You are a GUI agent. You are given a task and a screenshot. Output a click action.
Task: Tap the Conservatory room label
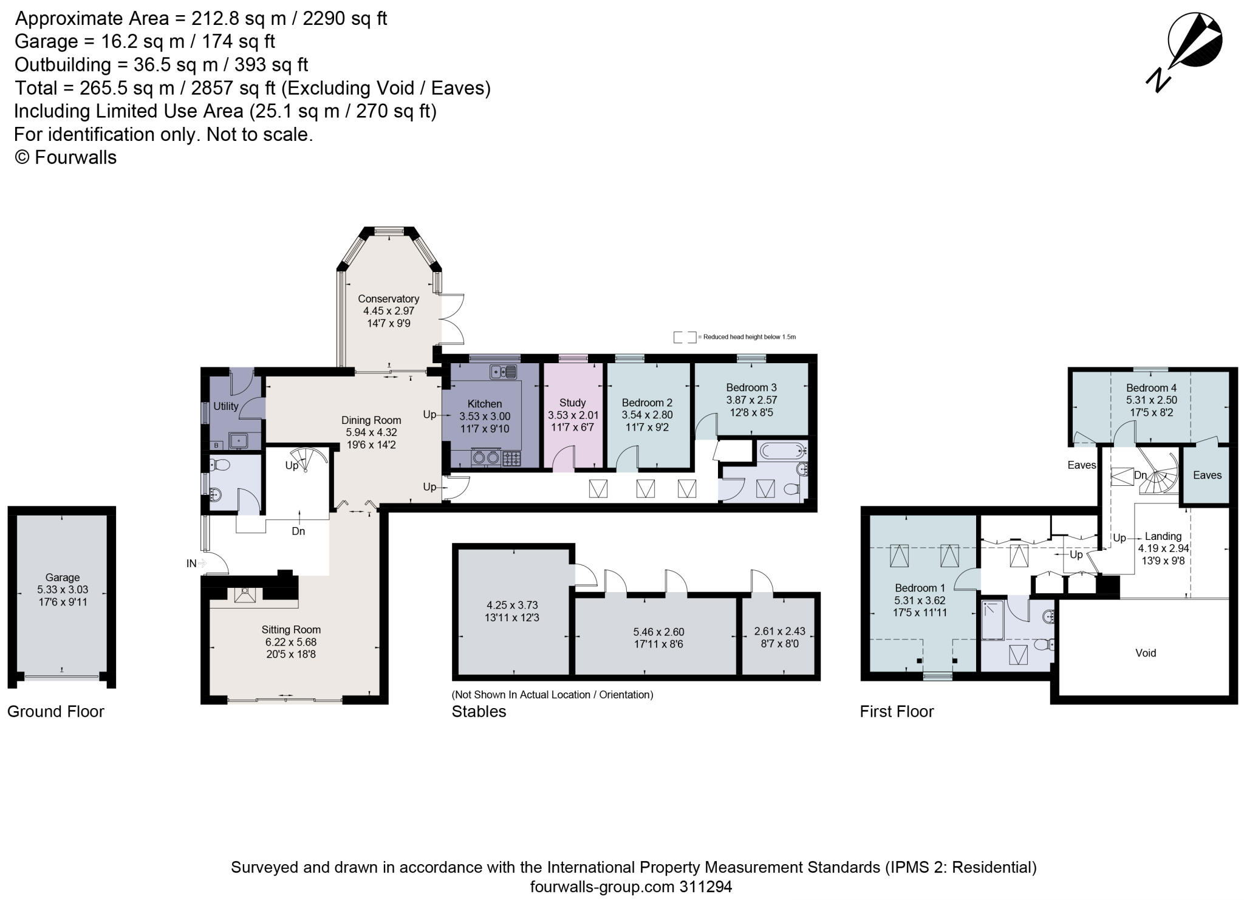pos(388,299)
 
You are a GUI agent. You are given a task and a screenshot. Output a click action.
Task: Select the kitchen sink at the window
pos(504,371)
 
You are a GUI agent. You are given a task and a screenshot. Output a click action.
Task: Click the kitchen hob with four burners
pos(511,458)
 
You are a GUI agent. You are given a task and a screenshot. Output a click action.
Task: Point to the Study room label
pos(572,403)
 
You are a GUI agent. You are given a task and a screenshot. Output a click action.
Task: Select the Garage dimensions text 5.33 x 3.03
pos(63,590)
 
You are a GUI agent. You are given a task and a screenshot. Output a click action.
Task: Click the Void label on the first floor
pos(1146,653)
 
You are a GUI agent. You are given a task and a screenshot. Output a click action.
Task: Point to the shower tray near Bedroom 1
pos(993,620)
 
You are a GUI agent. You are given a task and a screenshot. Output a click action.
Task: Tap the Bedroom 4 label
pos(1151,388)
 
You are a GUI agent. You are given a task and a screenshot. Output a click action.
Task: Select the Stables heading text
pos(479,711)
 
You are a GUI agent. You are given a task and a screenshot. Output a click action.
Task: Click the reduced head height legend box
pos(685,337)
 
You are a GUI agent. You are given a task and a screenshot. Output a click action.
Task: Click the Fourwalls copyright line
pos(66,157)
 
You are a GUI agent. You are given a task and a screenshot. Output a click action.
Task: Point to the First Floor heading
pos(897,711)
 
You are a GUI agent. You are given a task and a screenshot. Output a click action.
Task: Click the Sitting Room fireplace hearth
pos(245,596)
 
